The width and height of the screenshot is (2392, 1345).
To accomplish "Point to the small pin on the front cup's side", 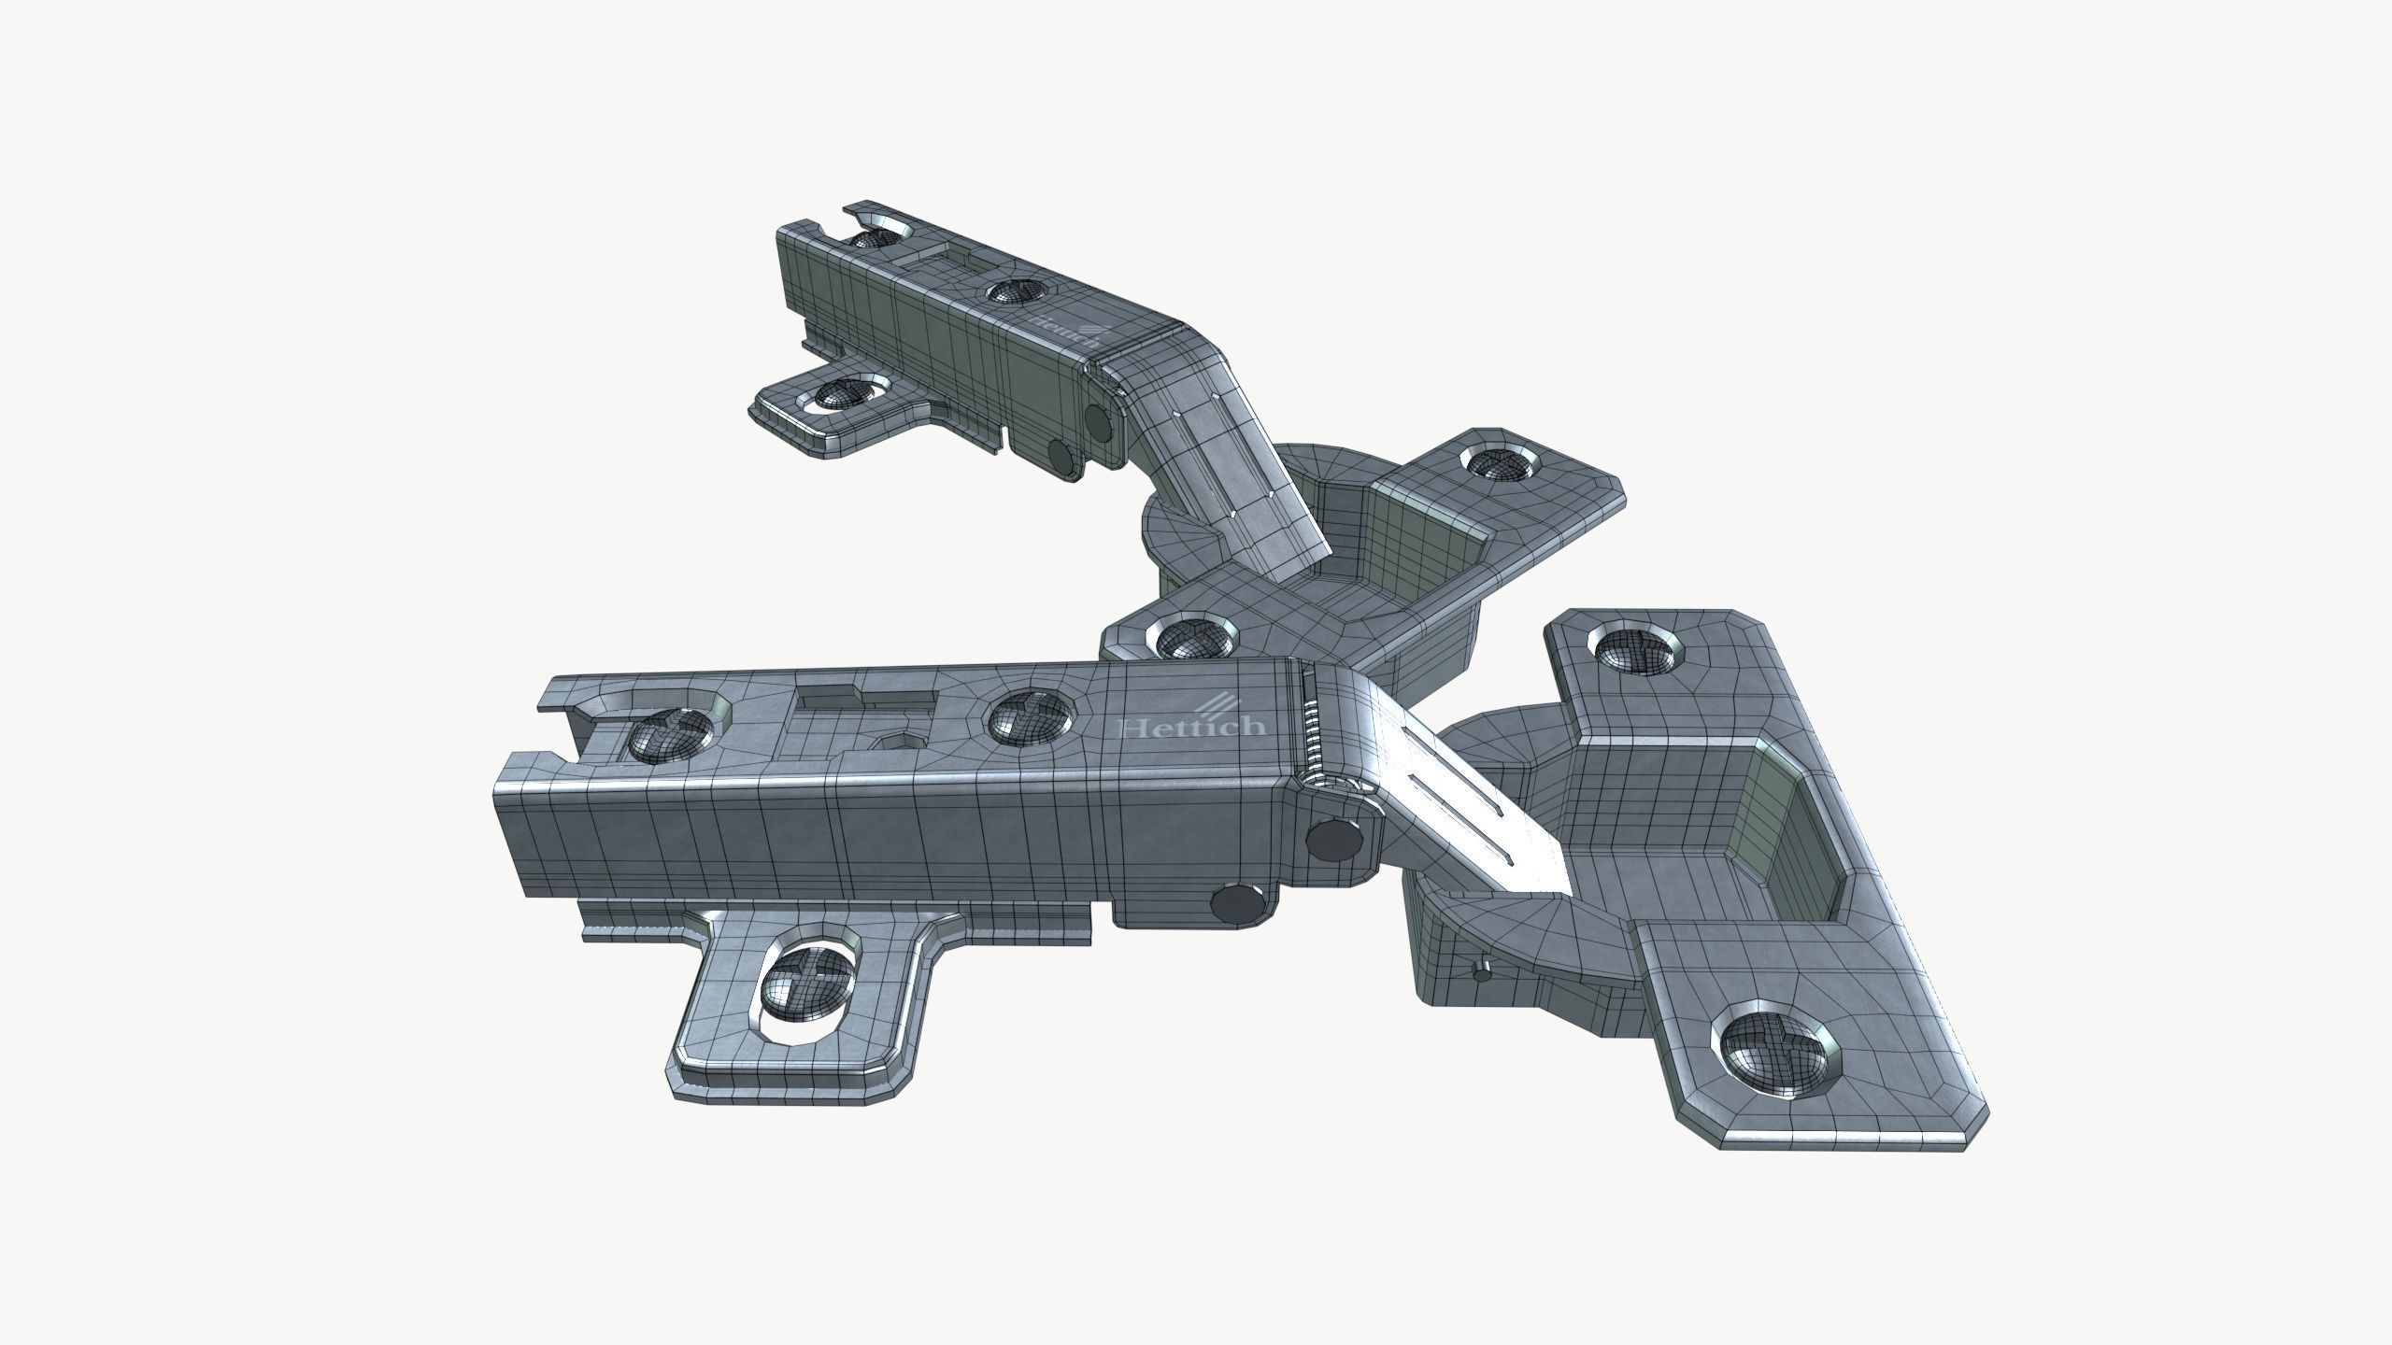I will click(x=1482, y=973).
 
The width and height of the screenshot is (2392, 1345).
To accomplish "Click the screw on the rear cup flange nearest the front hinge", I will click(x=1183, y=640).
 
